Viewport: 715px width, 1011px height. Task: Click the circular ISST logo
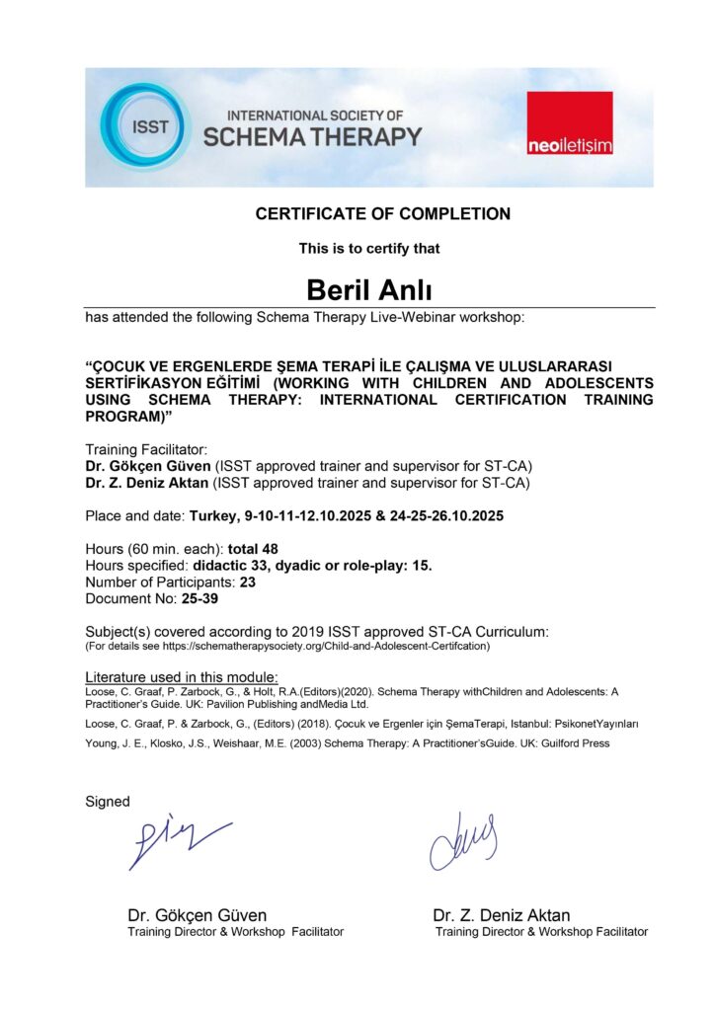(144, 126)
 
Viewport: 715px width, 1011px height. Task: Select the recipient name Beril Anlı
(369, 289)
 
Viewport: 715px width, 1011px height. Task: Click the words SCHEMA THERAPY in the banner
(313, 137)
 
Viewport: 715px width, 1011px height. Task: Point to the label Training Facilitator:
(146, 449)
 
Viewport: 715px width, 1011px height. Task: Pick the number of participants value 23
(248, 583)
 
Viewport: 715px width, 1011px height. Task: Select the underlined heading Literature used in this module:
(182, 677)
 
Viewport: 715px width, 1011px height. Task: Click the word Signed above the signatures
(108, 802)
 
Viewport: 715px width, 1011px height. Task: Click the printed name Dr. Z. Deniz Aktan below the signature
(501, 915)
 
